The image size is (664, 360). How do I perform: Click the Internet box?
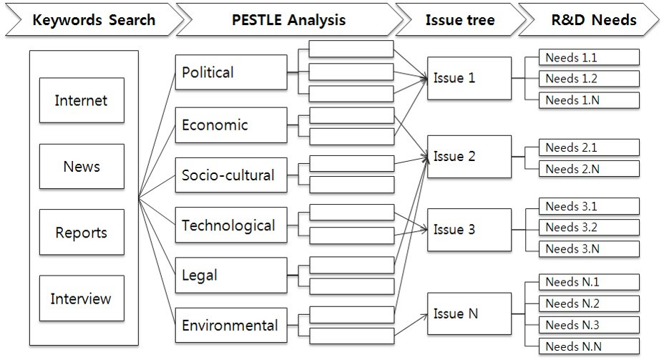pos(82,100)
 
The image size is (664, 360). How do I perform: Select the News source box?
pos(82,166)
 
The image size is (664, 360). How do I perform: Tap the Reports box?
pos(82,233)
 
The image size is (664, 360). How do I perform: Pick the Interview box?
pos(82,298)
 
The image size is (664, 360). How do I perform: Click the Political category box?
pos(231,72)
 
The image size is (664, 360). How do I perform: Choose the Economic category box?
pos(231,125)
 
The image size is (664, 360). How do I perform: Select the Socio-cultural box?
pos(231,175)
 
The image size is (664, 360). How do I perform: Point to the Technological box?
pos(231,225)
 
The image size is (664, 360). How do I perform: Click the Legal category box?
pos(231,276)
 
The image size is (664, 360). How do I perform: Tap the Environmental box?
pos(231,326)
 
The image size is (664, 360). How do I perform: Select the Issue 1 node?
pos(469,78)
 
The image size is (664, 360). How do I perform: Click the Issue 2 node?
pos(469,156)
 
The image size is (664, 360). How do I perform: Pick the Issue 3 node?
pos(469,230)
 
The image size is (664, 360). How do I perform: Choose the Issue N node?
pos(469,313)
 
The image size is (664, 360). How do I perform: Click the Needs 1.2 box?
pos(589,79)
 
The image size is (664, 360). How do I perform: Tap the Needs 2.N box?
pos(589,169)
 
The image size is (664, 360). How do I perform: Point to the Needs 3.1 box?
pos(589,207)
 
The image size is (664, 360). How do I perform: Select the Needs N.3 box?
pos(589,325)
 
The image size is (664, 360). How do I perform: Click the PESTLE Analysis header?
pos(288,19)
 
